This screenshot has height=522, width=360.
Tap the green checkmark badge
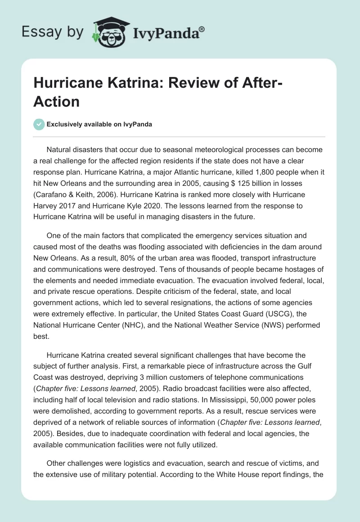(39, 124)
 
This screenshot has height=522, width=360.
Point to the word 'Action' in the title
(57, 101)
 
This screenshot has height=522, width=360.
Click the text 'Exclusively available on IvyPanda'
(100, 125)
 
